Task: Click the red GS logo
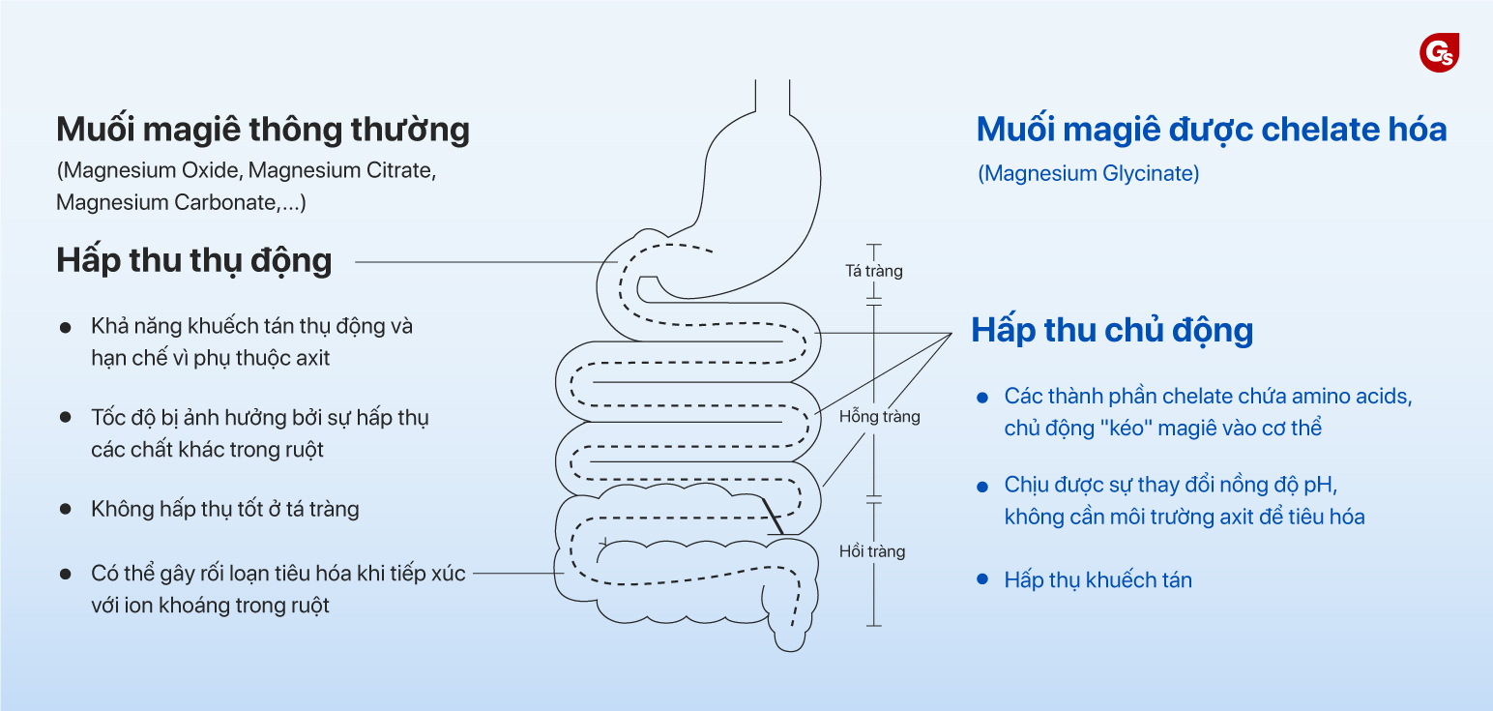coord(1439,52)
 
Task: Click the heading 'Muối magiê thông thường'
coord(263,130)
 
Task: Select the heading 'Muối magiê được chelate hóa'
coord(1211,129)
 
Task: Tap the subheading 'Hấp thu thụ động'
coord(193,260)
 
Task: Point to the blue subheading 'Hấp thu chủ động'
coord(1112,330)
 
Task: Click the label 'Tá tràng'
coord(873,271)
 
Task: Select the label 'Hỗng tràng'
coord(879,417)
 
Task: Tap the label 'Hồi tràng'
coord(872,551)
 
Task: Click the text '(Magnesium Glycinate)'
coord(1088,174)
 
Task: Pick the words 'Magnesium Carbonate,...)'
coord(181,203)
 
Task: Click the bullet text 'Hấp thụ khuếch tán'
coord(1098,580)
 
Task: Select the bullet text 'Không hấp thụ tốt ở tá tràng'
coord(224,509)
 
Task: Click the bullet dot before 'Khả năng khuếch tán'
coord(66,327)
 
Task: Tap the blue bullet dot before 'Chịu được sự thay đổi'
coord(982,486)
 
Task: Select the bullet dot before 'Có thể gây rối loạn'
coord(66,574)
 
